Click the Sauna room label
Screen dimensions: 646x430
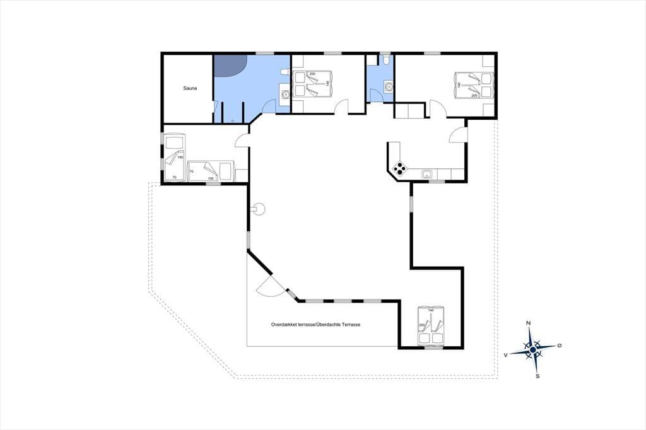tap(190, 88)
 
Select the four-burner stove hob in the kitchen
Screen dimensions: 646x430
tap(400, 168)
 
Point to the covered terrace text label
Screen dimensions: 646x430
tap(315, 325)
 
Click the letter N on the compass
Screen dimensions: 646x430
tap(529, 323)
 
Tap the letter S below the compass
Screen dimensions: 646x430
tap(537, 376)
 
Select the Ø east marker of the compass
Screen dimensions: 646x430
tap(559, 346)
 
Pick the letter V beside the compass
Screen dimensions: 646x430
tap(505, 354)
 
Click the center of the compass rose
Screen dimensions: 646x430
tap(532, 349)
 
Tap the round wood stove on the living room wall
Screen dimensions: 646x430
tap(259, 209)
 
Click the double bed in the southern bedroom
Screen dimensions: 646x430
tap(431, 325)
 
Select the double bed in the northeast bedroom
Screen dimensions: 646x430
tap(474, 85)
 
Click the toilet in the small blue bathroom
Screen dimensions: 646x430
tap(385, 61)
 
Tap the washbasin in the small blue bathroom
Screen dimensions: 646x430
tap(388, 87)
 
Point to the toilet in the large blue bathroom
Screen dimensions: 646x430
tap(283, 73)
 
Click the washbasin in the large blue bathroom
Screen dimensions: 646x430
tap(285, 94)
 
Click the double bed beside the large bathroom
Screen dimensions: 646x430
tap(312, 84)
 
